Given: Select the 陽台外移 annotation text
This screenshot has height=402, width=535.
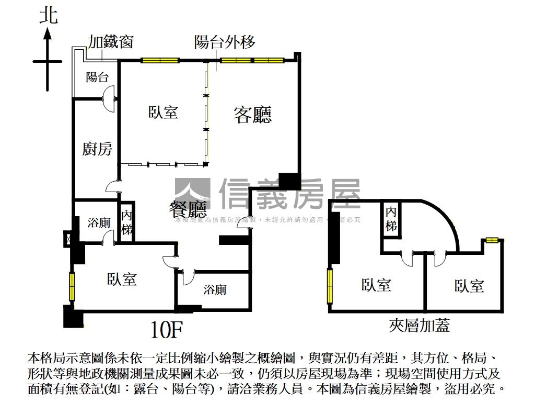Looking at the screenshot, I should pos(225,42).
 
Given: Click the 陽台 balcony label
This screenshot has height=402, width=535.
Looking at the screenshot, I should pos(97,77).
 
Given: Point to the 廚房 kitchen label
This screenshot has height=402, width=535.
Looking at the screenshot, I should pos(97,149).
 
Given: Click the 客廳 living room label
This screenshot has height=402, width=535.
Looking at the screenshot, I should pos(252,115).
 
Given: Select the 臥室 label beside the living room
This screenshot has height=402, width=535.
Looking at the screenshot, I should pos(163,112).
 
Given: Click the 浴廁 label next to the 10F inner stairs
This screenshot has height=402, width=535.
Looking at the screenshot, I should pos(99,222).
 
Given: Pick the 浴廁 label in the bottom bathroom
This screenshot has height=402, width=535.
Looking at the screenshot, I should pos(215,289).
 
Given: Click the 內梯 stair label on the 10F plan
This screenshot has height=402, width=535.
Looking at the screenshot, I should pos(126,222).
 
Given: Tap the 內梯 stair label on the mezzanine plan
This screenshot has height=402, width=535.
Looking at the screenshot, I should pos(391,219).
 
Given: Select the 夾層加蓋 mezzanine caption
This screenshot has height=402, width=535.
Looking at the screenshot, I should pos(420,326).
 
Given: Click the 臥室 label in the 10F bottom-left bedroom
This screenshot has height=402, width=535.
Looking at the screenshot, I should pos(122,279).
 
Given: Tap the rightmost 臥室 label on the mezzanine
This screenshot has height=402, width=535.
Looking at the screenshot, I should pos(469,286).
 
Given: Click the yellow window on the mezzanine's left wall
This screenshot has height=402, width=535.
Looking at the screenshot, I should pos(330,285).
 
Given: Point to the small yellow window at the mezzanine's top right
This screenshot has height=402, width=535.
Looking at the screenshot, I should pos(491,240).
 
